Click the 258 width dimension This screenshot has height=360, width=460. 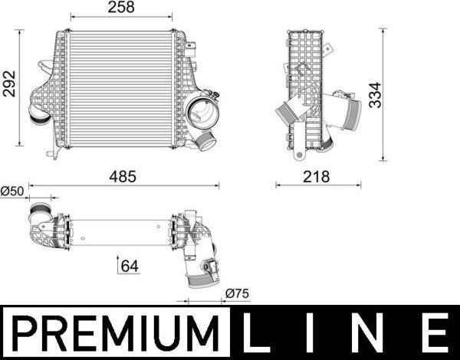pos(121,8)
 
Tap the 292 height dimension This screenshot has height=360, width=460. pos(9,89)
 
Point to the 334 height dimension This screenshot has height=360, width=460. pos(374,95)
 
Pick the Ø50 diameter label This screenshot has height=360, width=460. pos(11,190)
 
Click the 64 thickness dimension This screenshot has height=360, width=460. pos(130,267)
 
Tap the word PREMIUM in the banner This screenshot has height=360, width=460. pos(115,334)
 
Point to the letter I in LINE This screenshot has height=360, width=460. pos(317,334)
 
